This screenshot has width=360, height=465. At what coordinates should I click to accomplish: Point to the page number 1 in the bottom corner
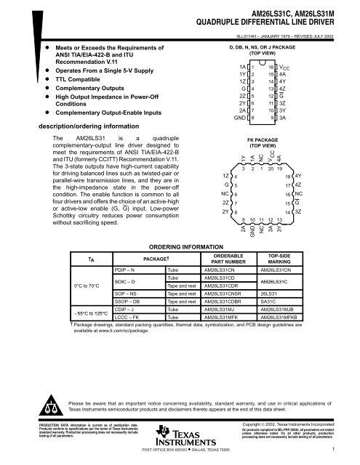332,449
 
